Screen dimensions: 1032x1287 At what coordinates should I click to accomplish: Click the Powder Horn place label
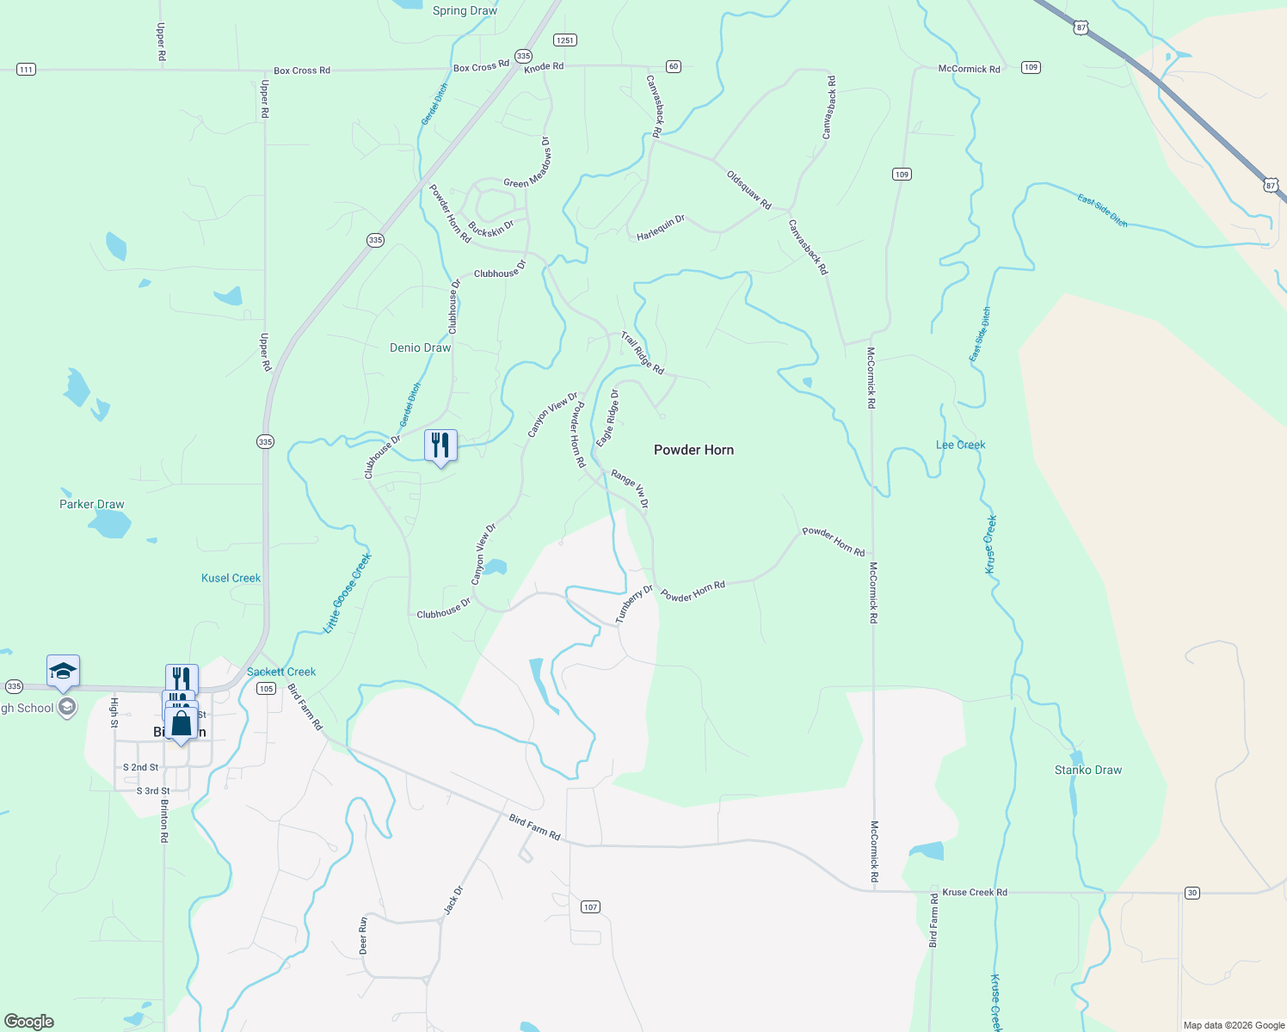point(693,450)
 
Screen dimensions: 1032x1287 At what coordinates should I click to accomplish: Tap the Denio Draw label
point(420,347)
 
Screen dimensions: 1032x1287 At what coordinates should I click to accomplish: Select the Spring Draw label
point(465,10)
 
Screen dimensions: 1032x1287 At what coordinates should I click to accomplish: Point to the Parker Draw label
point(91,504)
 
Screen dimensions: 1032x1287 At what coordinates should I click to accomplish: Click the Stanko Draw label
point(1088,770)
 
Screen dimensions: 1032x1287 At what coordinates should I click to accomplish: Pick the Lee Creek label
point(960,445)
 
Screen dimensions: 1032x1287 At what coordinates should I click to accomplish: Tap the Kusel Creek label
point(231,578)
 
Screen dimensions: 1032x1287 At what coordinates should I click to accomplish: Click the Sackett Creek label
point(281,672)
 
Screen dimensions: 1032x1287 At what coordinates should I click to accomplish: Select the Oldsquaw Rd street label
point(748,190)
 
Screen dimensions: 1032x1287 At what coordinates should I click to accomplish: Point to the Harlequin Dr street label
point(661,228)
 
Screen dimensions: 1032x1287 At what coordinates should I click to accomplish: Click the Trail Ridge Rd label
point(643,353)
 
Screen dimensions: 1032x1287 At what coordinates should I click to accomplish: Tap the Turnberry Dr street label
point(634,604)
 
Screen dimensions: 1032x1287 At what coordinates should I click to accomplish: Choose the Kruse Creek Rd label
point(974,892)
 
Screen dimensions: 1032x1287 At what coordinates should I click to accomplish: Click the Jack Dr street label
point(453,900)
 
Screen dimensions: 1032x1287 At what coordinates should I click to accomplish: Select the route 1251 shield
point(564,40)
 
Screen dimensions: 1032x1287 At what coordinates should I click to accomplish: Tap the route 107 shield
point(589,907)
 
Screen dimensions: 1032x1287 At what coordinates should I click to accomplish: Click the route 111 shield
point(26,70)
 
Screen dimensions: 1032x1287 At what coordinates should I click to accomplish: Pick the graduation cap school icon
point(63,670)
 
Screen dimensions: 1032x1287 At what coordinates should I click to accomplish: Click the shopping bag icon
point(182,723)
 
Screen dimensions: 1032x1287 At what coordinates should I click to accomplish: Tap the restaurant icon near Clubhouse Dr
point(440,445)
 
